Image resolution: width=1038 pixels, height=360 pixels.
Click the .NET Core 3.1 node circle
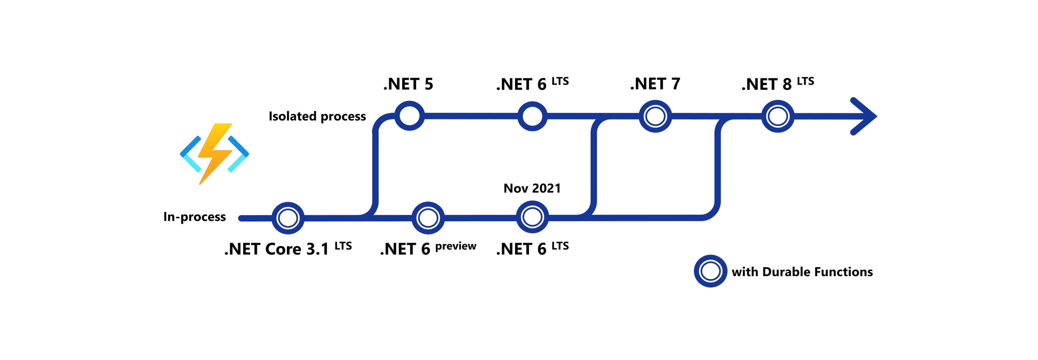pyautogui.click(x=288, y=218)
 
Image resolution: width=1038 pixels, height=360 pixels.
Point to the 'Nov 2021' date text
pyautogui.click(x=532, y=188)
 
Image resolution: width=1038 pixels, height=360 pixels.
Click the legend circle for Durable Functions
pyautogui.click(x=710, y=271)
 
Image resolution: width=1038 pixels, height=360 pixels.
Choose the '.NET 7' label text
pyautogui.click(x=655, y=84)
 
